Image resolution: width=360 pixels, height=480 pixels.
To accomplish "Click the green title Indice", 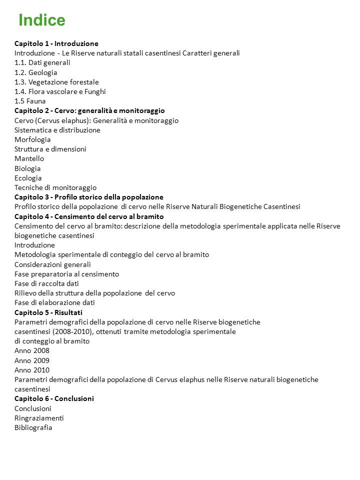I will pyautogui.click(x=42, y=20).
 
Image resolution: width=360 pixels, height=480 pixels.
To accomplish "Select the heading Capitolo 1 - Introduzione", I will pyautogui.click(x=56, y=43).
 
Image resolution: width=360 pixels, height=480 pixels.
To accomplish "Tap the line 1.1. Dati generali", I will pyautogui.click(x=42, y=62).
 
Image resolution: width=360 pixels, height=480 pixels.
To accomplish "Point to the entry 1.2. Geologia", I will pyautogui.click(x=36, y=72).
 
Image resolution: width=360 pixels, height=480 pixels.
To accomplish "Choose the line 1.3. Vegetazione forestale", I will pyautogui.click(x=56, y=82).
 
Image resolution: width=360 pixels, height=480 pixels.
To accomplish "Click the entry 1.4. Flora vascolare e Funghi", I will pyautogui.click(x=60, y=91).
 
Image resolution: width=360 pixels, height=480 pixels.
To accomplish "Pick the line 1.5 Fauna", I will pyautogui.click(x=30, y=101).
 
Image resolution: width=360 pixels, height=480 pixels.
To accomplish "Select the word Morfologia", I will pyautogui.click(x=32, y=139).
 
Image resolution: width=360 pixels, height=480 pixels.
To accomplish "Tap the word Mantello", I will pyautogui.click(x=29, y=158).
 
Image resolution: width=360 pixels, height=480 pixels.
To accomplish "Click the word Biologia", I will pyautogui.click(x=27, y=168).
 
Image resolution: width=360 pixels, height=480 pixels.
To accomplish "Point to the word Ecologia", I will pyautogui.click(x=28, y=178).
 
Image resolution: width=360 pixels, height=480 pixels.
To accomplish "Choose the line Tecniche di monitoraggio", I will pyautogui.click(x=55, y=187).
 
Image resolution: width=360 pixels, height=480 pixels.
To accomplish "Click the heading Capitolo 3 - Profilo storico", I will pyautogui.click(x=89, y=197).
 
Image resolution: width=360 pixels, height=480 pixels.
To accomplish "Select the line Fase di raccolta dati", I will pyautogui.click(x=46, y=283).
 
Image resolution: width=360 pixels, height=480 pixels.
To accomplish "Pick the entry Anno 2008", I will pyautogui.click(x=32, y=350).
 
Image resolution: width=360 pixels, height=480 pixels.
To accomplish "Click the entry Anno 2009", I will pyautogui.click(x=32, y=360).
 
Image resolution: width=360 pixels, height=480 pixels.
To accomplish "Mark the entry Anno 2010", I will pyautogui.click(x=32, y=370).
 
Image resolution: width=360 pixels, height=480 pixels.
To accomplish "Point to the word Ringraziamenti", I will pyautogui.click(x=39, y=418).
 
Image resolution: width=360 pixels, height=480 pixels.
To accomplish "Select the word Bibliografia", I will pyautogui.click(x=33, y=427).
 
